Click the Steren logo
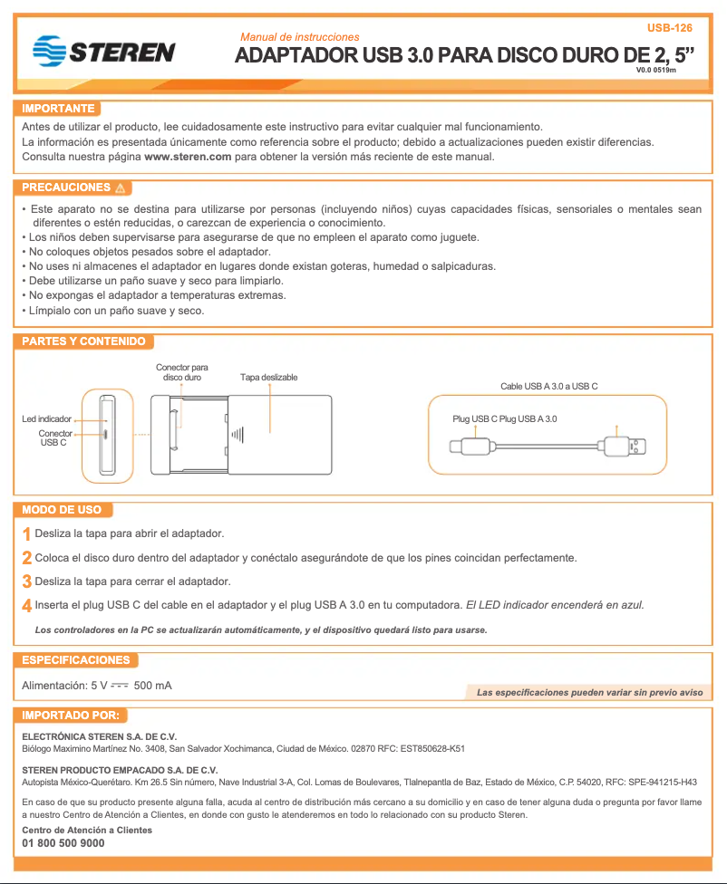tap(102, 51)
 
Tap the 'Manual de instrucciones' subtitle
tap(299, 37)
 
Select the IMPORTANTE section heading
tap(58, 109)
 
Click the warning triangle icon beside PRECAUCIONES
tap(121, 188)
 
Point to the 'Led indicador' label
tap(46, 419)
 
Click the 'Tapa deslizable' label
tap(268, 377)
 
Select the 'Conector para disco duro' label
tap(181, 371)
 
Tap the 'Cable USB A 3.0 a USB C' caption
tap(548, 386)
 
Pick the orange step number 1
tap(26, 534)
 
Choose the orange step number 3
tap(27, 581)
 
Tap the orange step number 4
tap(27, 605)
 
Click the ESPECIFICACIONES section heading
tap(76, 659)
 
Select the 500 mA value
tap(152, 686)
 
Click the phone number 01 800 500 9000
tap(63, 843)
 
